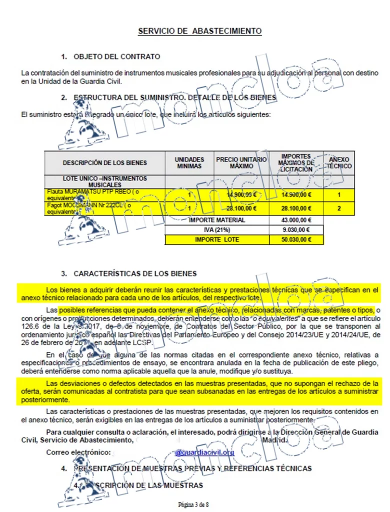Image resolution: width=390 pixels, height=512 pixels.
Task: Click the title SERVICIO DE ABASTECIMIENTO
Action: click(x=199, y=31)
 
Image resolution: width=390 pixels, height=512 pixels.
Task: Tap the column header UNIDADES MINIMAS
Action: click(x=189, y=162)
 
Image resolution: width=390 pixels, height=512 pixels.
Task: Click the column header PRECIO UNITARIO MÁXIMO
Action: click(x=241, y=162)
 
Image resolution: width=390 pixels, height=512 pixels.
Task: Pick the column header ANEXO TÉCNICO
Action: click(x=339, y=162)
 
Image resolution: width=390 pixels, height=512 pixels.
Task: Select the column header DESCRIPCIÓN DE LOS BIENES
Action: click(x=105, y=163)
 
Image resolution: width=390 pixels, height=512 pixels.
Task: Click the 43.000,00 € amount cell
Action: click(x=296, y=220)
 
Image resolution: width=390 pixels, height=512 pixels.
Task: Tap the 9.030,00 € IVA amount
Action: click(x=296, y=230)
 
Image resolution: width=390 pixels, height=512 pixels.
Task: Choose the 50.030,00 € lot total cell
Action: click(x=296, y=240)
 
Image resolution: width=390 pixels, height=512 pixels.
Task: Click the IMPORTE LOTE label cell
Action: click(x=217, y=240)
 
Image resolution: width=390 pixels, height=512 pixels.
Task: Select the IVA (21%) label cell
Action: click(x=217, y=230)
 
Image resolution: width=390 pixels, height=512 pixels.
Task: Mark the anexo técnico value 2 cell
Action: click(x=339, y=208)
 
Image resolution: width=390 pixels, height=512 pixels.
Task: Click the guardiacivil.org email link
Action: click(x=204, y=452)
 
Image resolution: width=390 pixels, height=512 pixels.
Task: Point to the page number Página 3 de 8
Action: click(x=193, y=504)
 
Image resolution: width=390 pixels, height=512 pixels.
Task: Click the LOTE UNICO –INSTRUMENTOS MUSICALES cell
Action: click(x=105, y=181)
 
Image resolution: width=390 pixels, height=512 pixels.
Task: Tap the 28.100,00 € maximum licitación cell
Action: click(x=296, y=208)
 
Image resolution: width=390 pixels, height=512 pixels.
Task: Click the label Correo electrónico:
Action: click(x=78, y=452)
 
